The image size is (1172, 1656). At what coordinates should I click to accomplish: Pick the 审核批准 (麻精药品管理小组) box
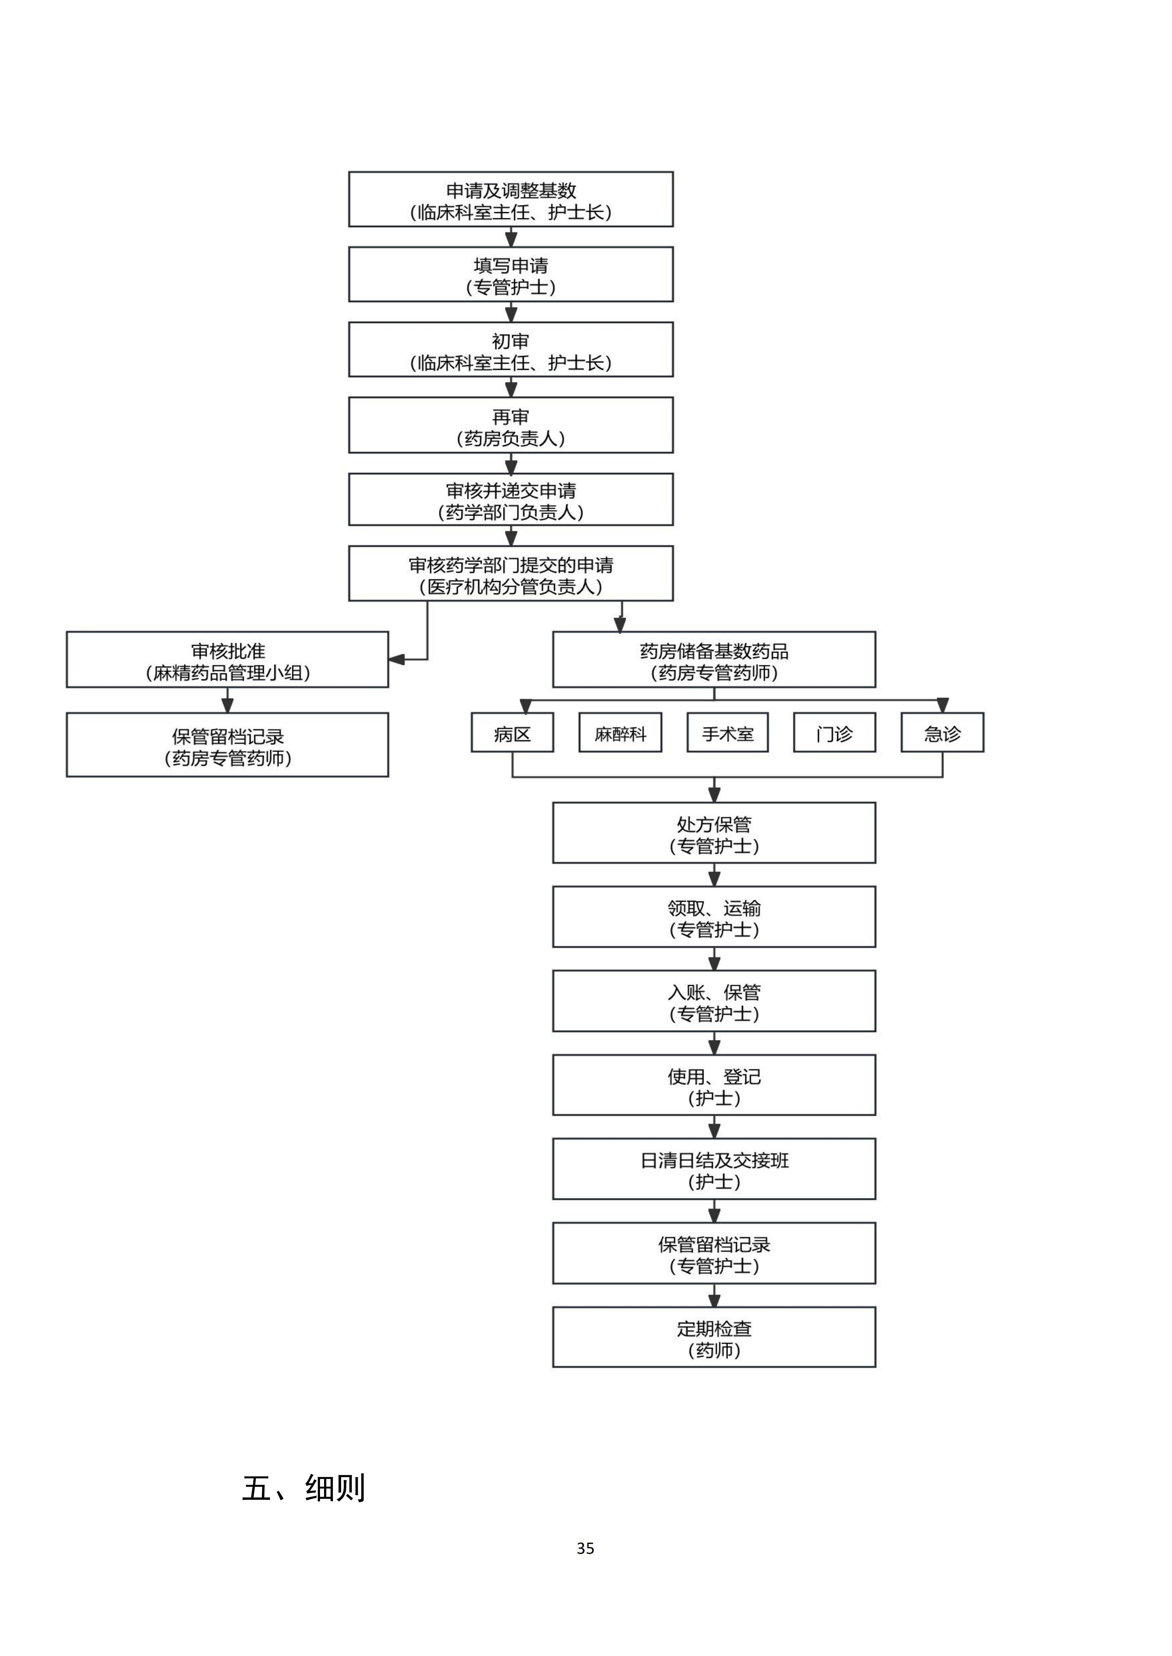click(x=227, y=660)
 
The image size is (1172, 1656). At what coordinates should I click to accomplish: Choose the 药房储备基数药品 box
click(x=714, y=660)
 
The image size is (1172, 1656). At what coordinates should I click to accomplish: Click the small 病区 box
click(x=512, y=733)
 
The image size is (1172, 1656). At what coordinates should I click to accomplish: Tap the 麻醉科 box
click(x=620, y=733)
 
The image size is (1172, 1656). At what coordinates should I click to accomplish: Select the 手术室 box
click(x=728, y=733)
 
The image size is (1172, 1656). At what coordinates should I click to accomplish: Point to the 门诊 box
click(x=834, y=733)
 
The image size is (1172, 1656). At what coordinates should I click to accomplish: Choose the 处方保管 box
click(x=714, y=833)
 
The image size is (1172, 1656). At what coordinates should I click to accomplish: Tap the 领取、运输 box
click(x=714, y=917)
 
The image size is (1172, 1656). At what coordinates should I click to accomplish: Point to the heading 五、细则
click(x=303, y=1488)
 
